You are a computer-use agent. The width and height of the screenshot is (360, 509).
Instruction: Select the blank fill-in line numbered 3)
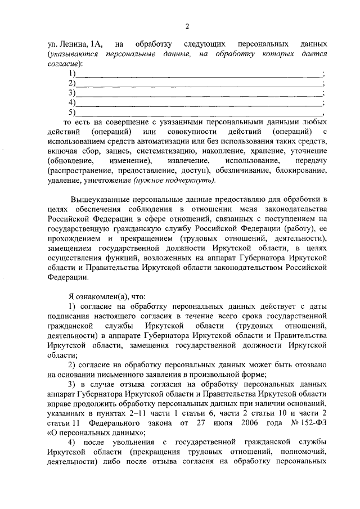point(197,93)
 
